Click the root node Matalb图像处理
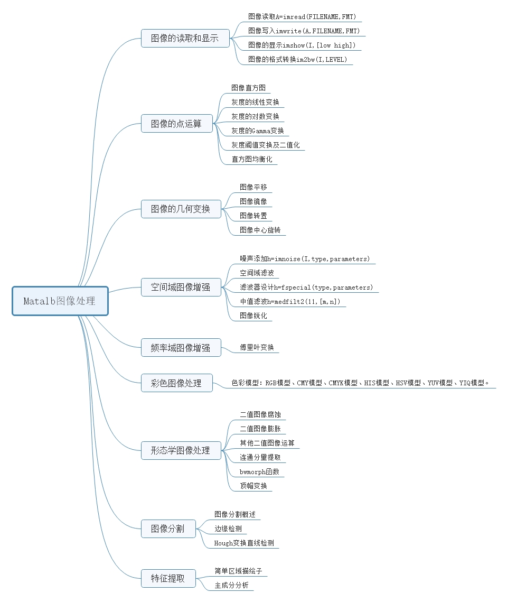60,301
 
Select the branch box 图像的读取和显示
185,39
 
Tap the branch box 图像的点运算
176,124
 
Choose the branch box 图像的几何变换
181,209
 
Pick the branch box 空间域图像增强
181,288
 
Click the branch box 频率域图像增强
181,348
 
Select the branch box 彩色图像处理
176,383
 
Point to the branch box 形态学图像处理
181,451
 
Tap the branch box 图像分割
168,529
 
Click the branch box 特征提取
168,578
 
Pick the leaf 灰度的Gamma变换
258,131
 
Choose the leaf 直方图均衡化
252,159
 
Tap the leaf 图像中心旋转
260,230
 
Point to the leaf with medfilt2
290,302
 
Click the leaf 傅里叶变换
257,348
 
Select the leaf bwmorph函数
259,471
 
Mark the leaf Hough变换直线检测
244,543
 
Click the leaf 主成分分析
231,586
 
